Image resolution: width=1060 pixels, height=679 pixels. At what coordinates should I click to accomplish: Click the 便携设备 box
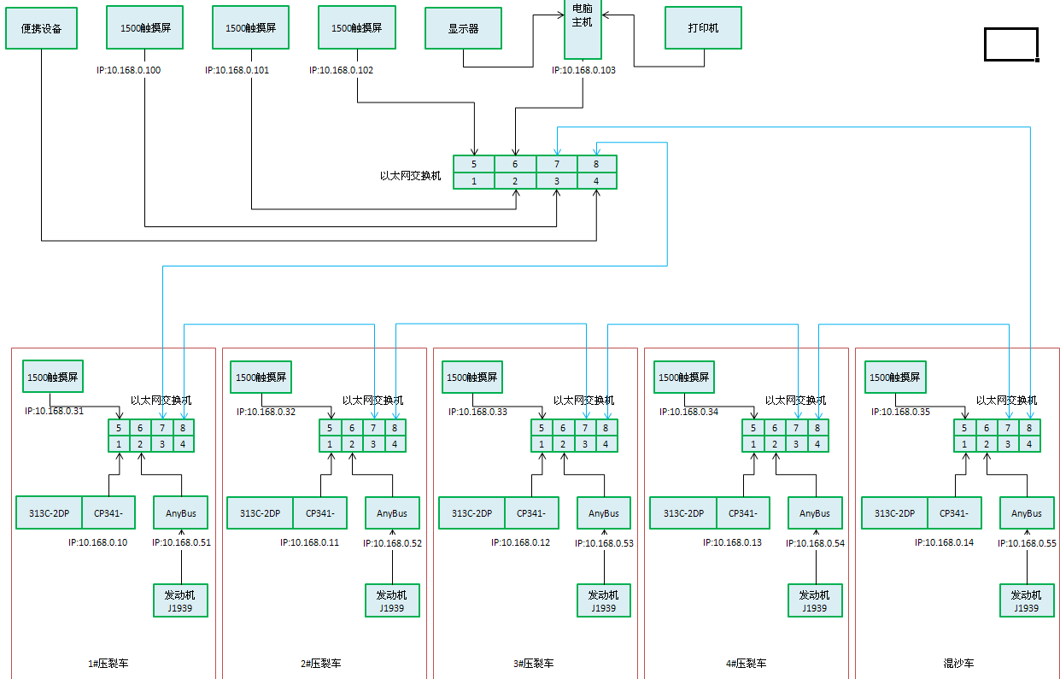click(40, 29)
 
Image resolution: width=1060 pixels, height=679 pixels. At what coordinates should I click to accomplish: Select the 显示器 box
click(463, 28)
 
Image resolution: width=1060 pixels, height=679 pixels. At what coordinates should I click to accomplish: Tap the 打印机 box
click(703, 28)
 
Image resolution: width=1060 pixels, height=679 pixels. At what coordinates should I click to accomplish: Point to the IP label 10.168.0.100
click(128, 71)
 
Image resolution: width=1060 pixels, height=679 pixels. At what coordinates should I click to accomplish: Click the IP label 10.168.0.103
click(583, 71)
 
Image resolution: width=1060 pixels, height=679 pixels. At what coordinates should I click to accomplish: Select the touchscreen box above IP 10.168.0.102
click(355, 27)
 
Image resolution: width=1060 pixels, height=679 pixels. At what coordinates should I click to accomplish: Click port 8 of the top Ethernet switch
click(596, 164)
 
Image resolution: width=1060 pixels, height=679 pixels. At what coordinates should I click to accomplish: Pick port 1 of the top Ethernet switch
click(473, 181)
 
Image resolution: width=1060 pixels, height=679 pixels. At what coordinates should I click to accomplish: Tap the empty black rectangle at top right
click(1011, 44)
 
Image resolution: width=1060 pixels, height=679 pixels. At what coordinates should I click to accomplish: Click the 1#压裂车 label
click(109, 664)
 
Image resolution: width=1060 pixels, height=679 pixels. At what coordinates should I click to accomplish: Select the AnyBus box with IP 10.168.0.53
click(604, 513)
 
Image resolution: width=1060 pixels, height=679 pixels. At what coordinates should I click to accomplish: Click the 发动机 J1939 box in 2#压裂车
click(392, 600)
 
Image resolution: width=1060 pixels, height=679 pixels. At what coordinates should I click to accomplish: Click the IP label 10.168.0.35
click(899, 412)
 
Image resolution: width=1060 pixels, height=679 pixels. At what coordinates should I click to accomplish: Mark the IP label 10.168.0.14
click(944, 542)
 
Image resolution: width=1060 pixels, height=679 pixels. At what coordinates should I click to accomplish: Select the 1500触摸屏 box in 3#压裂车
click(469, 377)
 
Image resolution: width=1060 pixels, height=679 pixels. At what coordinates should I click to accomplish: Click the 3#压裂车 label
click(532, 664)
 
